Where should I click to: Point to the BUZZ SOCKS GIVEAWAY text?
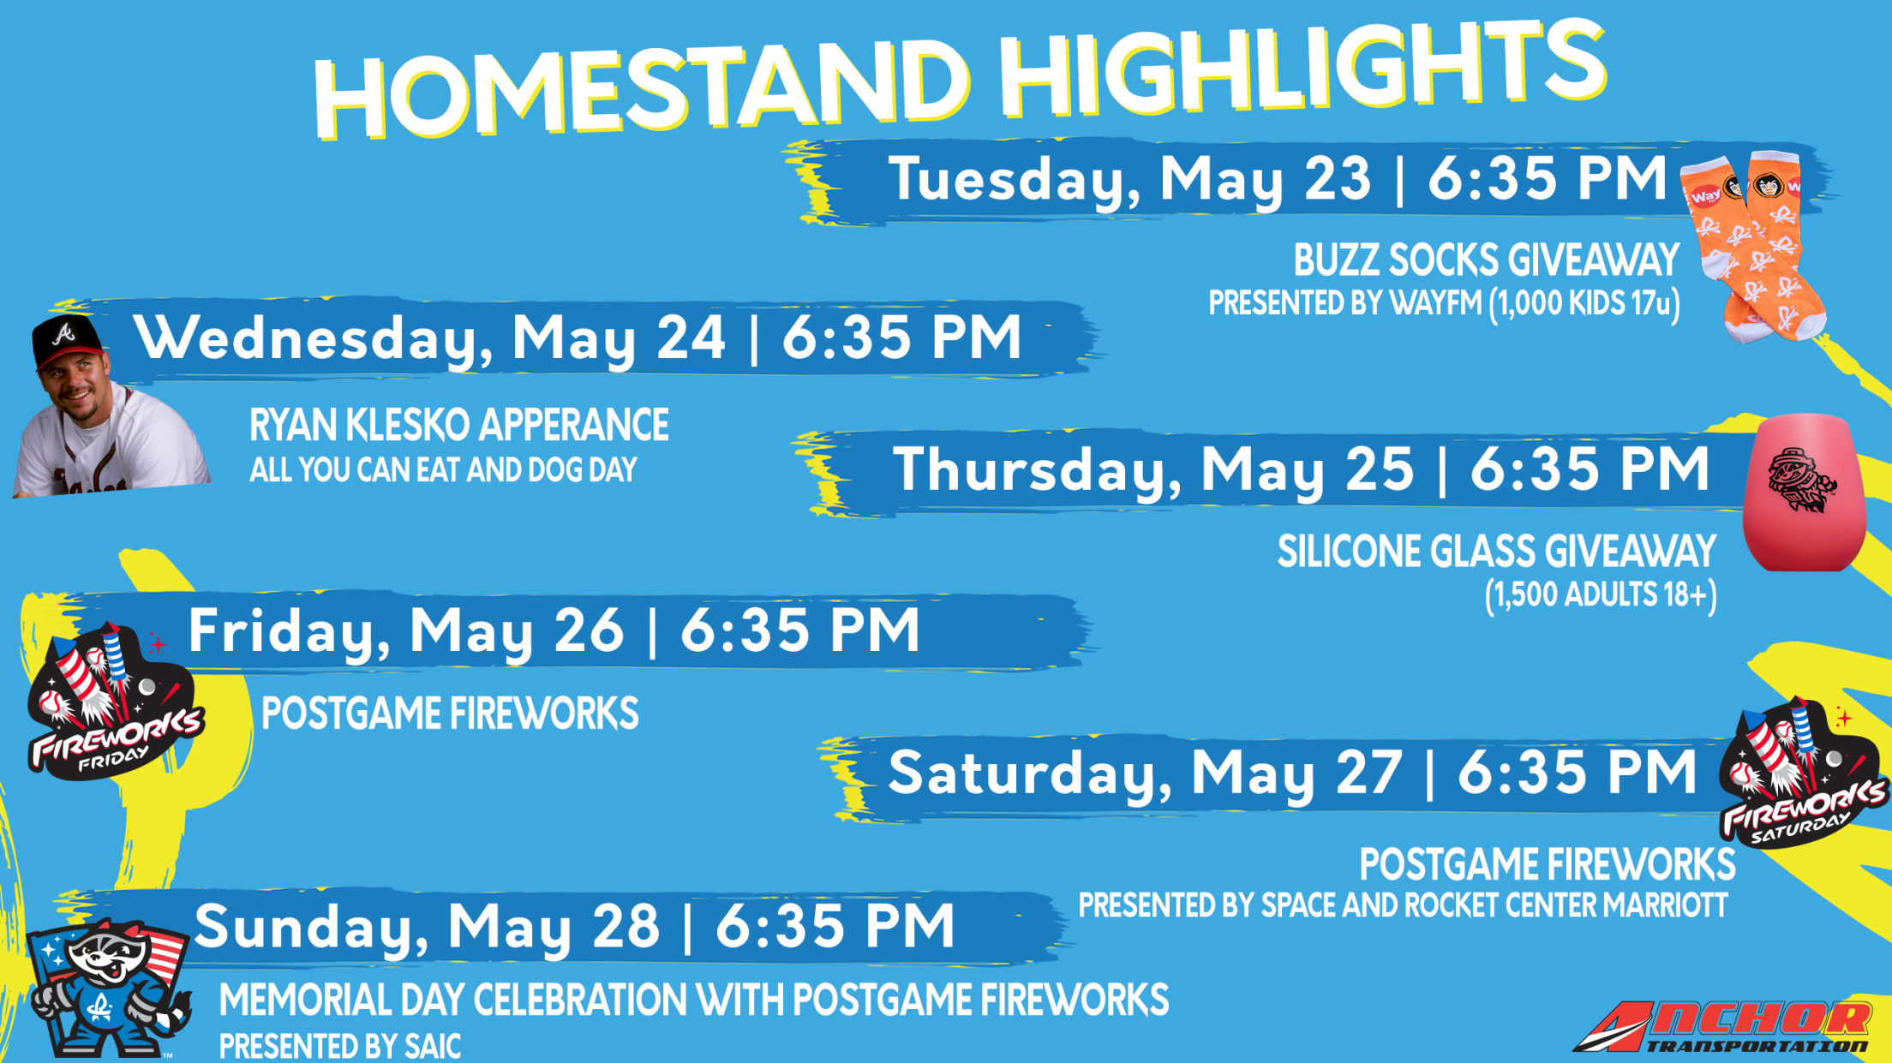[x=1486, y=260]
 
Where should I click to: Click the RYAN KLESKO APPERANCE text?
[x=459, y=425]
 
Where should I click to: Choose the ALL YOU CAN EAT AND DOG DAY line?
[x=443, y=469]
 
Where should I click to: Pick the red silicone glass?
[x=1805, y=493]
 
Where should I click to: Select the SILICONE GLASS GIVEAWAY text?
[x=1496, y=551]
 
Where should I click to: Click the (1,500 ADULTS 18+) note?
[x=1601, y=595]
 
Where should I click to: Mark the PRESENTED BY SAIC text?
[x=340, y=1046]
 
